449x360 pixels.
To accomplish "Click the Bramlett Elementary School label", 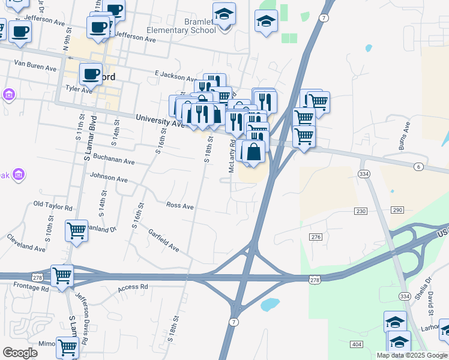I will (182, 26).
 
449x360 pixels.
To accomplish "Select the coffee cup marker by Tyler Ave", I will (91, 74).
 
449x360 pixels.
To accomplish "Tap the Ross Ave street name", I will (179, 206).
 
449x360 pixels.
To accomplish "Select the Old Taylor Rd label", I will (53, 205).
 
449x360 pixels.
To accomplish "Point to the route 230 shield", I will (361, 211).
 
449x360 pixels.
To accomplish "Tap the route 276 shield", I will (316, 238).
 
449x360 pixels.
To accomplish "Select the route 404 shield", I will (357, 344).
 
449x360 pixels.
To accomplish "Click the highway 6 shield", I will (418, 166).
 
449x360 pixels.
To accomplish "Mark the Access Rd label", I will (132, 287).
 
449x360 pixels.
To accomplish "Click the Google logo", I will (20, 353).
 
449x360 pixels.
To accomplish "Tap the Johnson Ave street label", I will (109, 178).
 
